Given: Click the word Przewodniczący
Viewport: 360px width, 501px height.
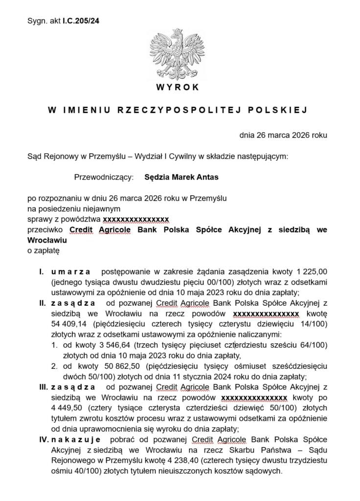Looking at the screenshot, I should (103, 177).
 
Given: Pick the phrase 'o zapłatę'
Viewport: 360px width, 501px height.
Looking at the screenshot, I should (43, 250).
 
